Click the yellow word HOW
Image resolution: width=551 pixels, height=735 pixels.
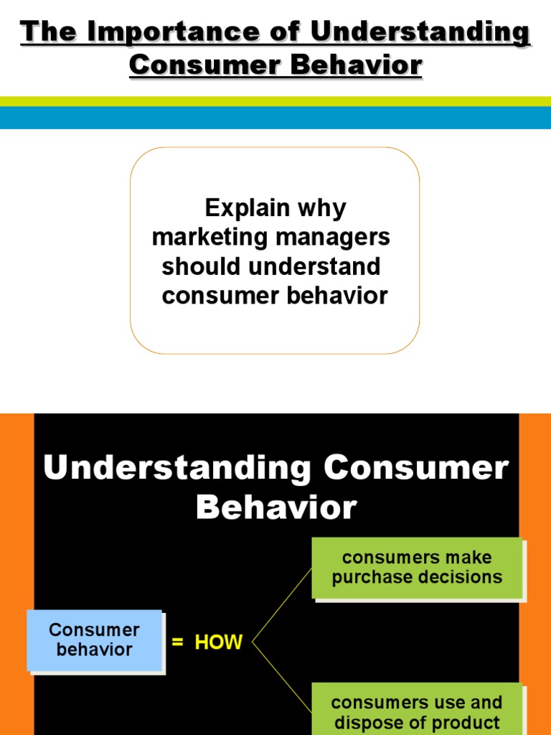coord(219,642)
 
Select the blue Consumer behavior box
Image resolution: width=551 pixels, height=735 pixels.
coord(94,640)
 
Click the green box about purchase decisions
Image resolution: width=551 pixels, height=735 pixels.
coord(416,568)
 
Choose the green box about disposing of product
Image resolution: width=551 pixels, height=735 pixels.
coord(416,711)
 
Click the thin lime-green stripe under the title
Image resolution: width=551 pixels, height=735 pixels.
coord(275,101)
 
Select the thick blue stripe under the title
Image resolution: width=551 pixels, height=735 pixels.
coord(275,118)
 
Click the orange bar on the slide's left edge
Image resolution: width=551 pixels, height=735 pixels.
coord(16,574)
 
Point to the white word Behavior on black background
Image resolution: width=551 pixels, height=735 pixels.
coord(275,507)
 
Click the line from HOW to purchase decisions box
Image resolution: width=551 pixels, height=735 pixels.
coord(282,604)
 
